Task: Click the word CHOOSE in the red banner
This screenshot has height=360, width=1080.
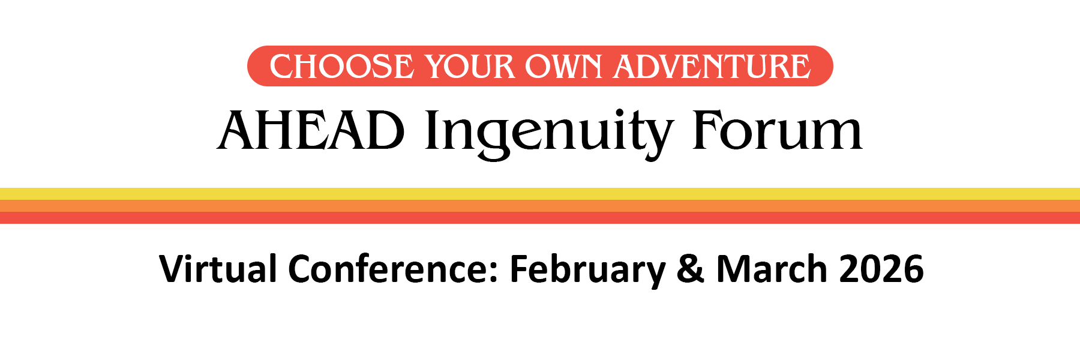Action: point(341,67)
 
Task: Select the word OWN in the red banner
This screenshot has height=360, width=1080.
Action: point(564,67)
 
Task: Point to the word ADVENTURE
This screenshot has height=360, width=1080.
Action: point(712,67)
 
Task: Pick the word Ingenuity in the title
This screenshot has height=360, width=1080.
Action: point(549,133)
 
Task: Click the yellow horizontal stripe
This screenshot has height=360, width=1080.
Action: point(540,194)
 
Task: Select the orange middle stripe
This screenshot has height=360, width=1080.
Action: point(540,206)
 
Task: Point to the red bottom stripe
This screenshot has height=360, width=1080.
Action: point(540,218)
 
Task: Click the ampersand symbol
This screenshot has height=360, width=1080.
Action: point(690,269)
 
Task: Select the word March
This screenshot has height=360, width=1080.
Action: point(772,269)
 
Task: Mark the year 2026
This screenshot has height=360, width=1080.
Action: point(881,269)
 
